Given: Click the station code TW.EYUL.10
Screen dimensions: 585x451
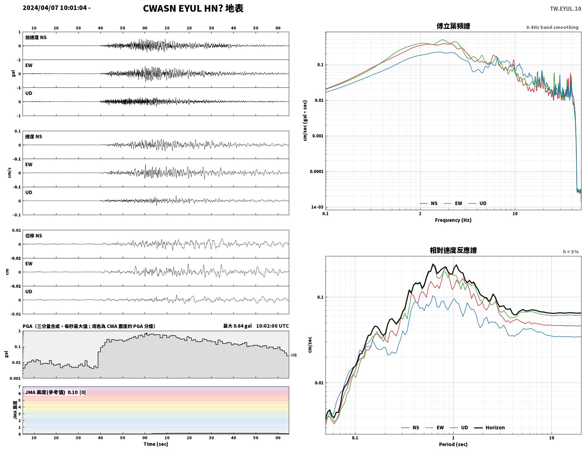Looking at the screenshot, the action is [x=565, y=8].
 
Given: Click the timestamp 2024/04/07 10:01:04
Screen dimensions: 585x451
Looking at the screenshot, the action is [x=55, y=7].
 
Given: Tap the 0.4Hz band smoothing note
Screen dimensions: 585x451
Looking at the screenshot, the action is [x=552, y=27].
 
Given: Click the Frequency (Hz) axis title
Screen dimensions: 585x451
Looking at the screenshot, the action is [x=453, y=220].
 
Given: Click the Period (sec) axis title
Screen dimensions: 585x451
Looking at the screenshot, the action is [x=453, y=444].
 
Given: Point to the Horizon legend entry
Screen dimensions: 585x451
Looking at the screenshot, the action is [x=489, y=427].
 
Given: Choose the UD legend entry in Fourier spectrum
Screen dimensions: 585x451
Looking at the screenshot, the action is [x=477, y=203].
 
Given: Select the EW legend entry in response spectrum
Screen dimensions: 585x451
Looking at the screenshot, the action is [x=434, y=427].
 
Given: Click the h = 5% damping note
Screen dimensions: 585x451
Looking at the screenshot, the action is [x=571, y=252].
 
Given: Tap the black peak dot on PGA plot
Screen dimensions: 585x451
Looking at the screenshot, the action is [x=146, y=334].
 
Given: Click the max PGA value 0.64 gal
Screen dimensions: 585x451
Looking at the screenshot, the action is [x=237, y=326].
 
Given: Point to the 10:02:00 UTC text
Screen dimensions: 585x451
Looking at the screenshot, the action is [x=272, y=326].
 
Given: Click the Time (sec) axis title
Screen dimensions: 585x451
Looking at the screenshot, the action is [x=156, y=444].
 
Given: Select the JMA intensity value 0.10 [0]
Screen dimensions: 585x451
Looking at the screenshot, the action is [x=77, y=392].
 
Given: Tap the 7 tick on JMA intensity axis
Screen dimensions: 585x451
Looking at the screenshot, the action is [x=19, y=387].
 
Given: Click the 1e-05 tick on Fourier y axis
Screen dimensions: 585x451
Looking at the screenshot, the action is [x=317, y=207].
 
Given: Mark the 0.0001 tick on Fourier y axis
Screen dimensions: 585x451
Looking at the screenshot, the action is [x=317, y=171].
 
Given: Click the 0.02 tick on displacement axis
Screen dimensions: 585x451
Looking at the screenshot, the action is [x=16, y=230].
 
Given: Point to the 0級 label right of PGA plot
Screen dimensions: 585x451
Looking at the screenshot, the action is [x=293, y=355].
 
